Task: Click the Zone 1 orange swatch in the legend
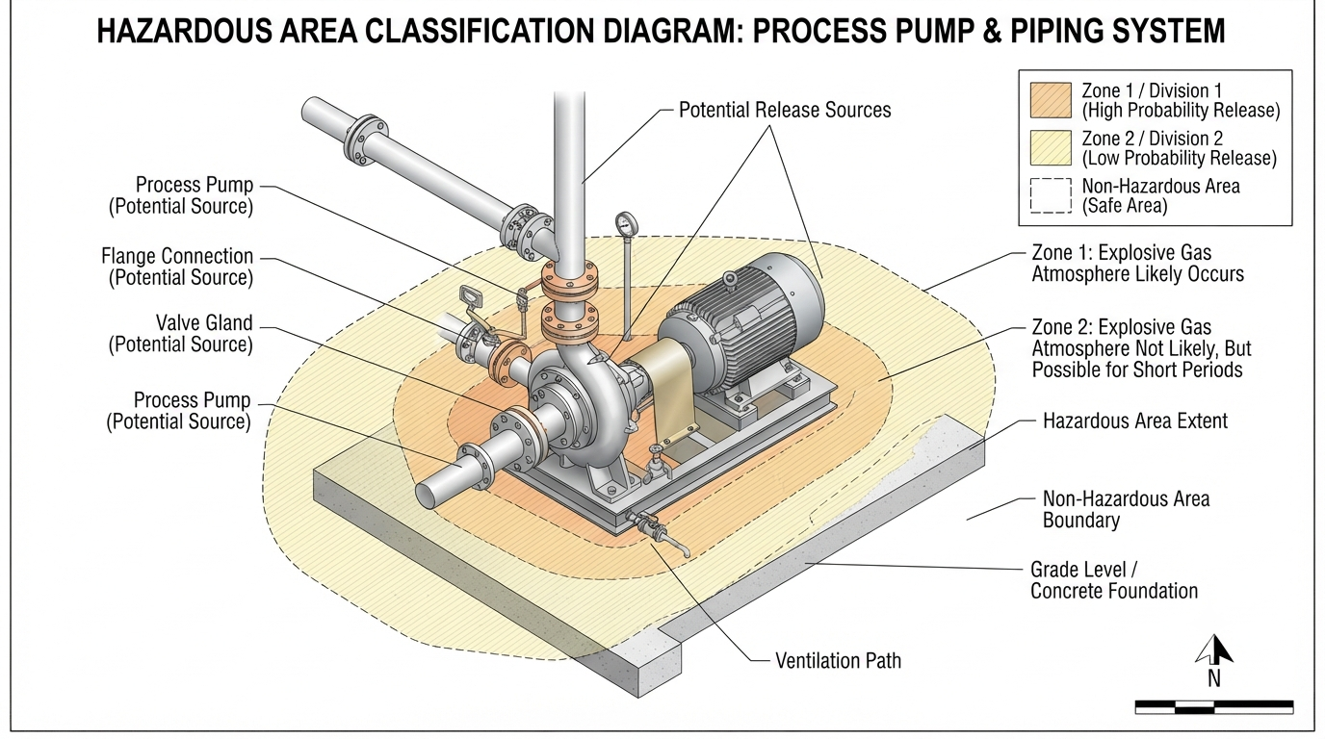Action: pos(1051,100)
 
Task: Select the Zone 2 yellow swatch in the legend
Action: pos(1051,148)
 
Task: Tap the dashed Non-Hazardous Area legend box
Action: pos(1051,195)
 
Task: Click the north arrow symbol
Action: pos(1214,650)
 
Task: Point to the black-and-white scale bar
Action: pos(1214,706)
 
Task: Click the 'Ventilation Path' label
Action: pos(838,660)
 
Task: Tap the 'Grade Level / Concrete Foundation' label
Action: pos(1114,580)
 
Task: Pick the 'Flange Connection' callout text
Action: pos(177,267)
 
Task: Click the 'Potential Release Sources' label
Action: pos(785,110)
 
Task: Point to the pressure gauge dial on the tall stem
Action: pos(626,223)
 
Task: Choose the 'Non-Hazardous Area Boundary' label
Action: pos(1126,510)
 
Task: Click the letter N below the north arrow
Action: pos(1214,679)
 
